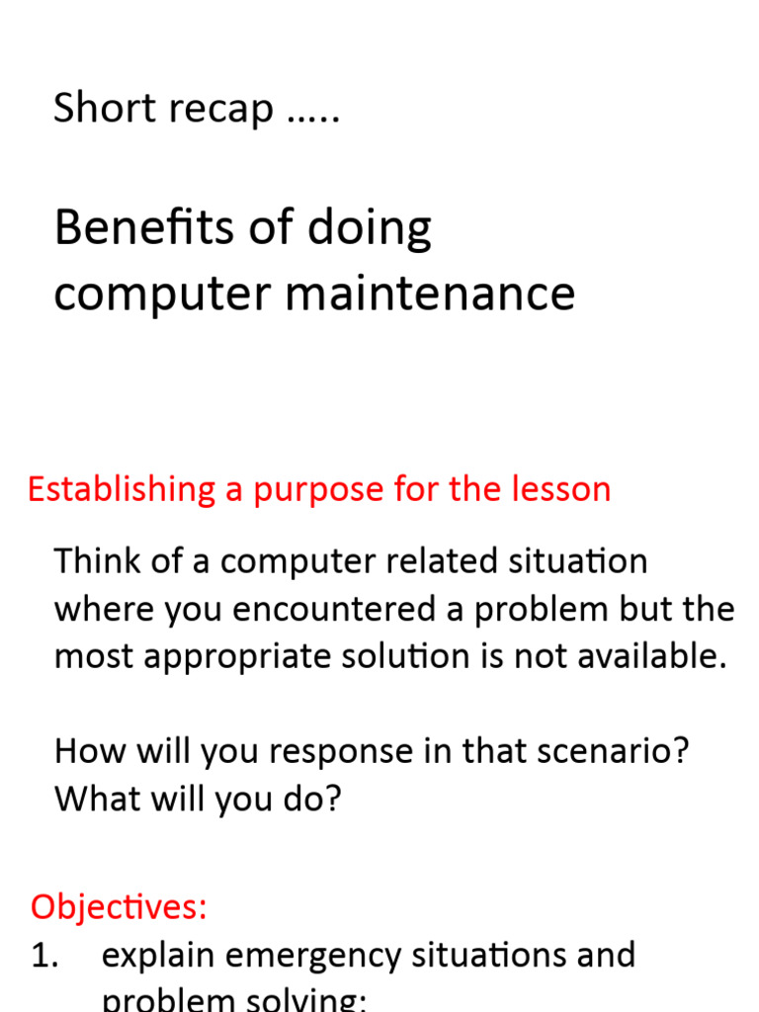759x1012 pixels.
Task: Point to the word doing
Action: tap(370, 229)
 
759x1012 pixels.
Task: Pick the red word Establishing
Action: tap(121, 489)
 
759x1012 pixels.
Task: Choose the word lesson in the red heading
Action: tap(565, 489)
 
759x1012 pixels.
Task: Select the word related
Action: tap(433, 561)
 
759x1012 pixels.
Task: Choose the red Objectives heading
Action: tap(119, 906)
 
